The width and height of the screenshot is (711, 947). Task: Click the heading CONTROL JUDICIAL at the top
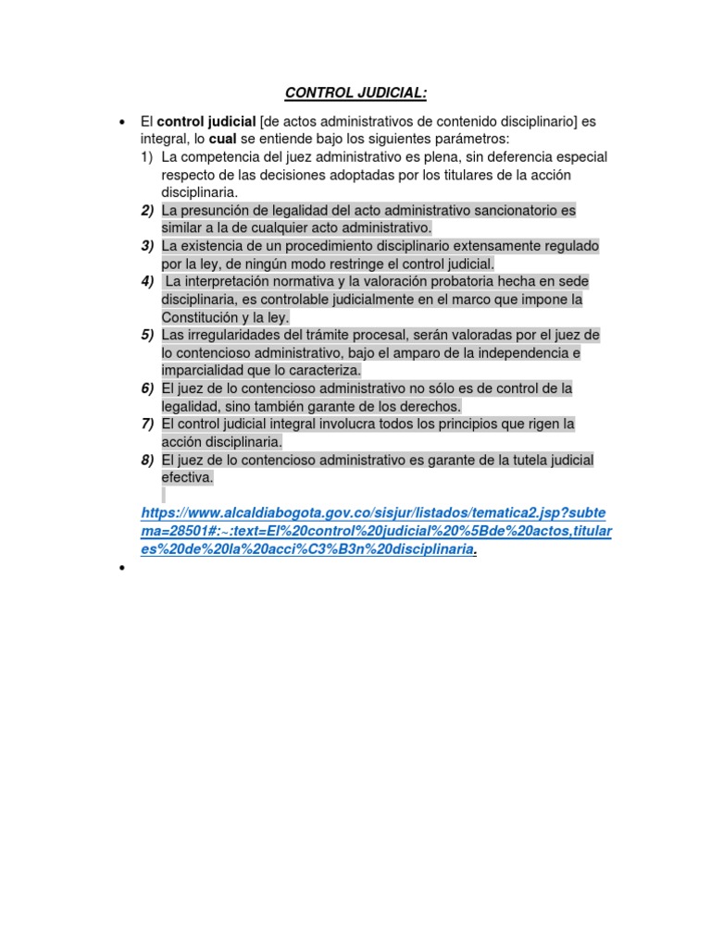(x=355, y=92)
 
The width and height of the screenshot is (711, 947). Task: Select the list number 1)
(x=147, y=157)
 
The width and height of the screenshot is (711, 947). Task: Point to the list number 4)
(x=147, y=281)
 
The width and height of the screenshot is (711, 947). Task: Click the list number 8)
(x=147, y=460)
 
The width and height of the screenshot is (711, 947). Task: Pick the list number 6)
(x=147, y=387)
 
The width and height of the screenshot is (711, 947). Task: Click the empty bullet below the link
(x=121, y=570)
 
